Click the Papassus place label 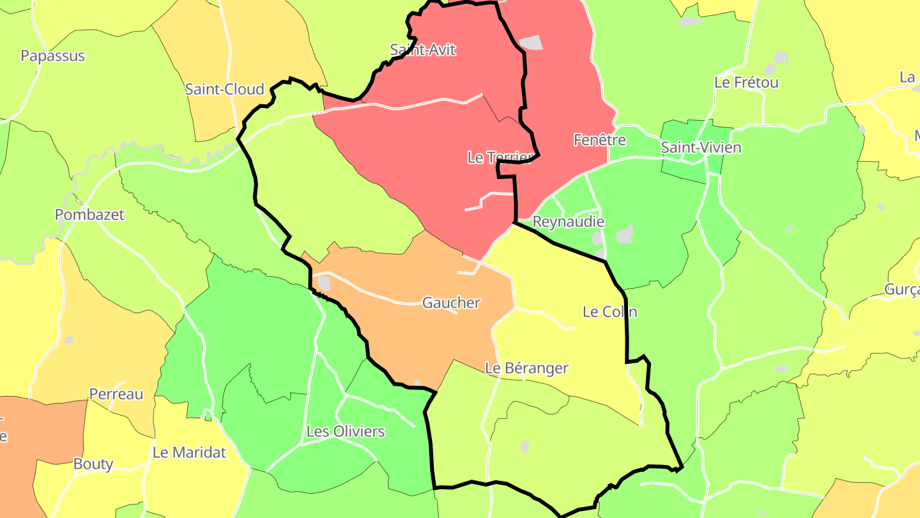52,56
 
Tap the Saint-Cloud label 224,89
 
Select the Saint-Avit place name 423,50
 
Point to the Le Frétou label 746,82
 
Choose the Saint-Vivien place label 701,148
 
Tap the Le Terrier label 500,157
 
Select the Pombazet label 89,215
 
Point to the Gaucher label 451,302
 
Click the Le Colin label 609,312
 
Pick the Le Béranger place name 526,368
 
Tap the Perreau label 116,394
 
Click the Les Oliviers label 346,432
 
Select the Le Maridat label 189,453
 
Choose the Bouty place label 93,464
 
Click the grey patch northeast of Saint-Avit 530,43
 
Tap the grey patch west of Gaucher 324,283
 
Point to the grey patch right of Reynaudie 625,234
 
